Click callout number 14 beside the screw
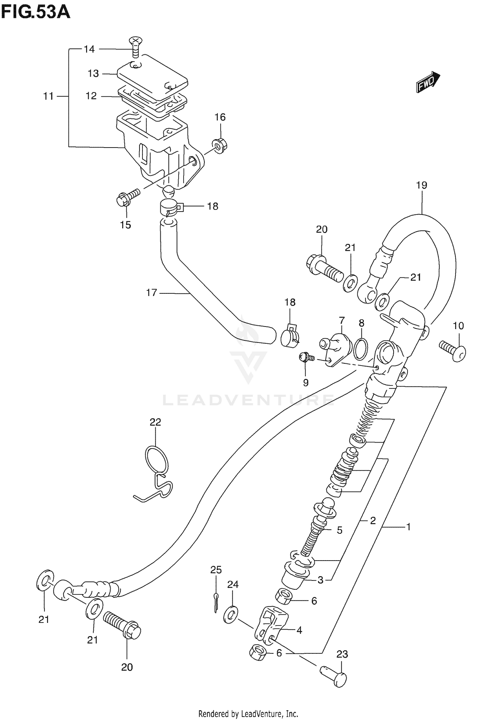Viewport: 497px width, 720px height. coord(89,49)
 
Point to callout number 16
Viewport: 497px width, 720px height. coord(220,117)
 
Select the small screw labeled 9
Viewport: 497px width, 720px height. coord(304,357)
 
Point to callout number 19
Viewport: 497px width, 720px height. coord(421,185)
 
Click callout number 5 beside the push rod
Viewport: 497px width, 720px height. coord(339,530)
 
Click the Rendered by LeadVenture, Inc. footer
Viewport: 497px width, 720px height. coord(248,713)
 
